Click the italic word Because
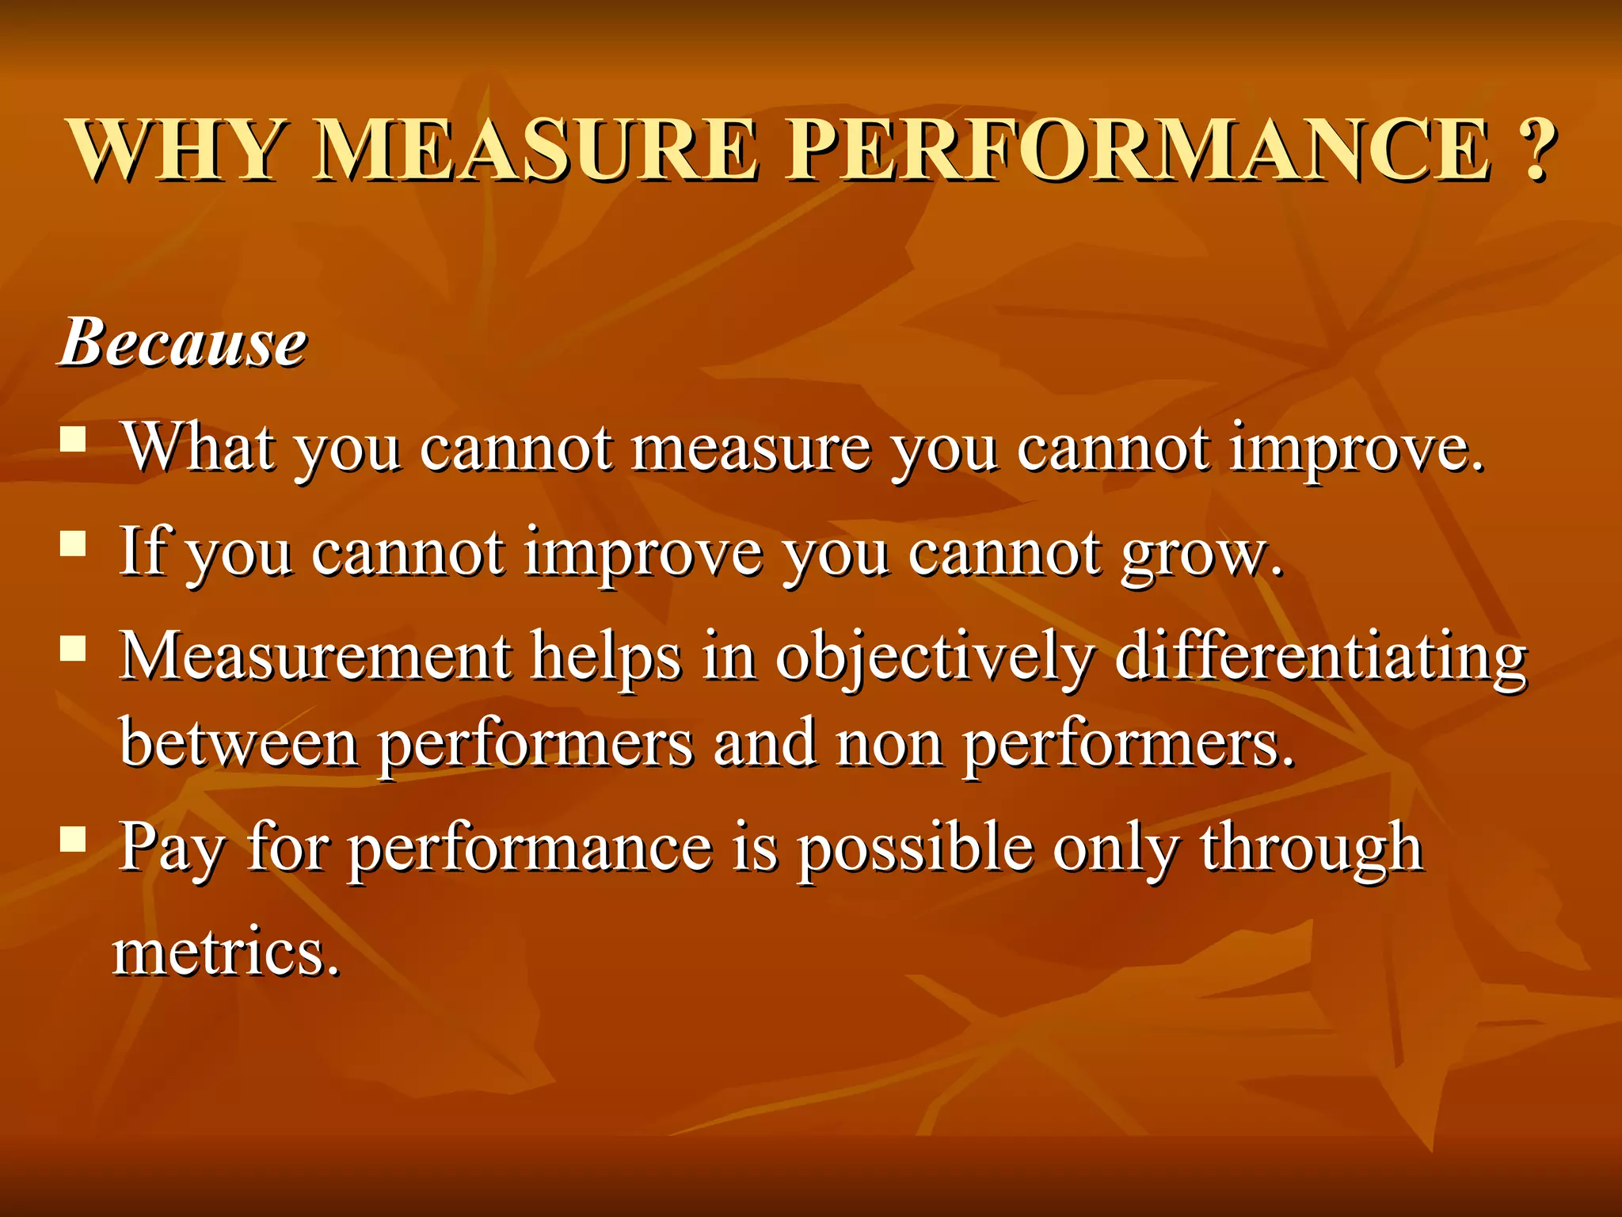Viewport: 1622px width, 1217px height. point(184,343)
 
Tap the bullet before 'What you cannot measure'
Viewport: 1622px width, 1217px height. point(73,438)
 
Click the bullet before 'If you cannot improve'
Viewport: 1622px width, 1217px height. point(73,544)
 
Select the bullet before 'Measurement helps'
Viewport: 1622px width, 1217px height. point(73,649)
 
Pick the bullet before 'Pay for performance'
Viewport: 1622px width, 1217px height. point(73,838)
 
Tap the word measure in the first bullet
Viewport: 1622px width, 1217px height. point(751,449)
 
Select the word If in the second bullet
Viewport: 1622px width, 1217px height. point(143,551)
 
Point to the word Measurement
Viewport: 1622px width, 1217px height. point(315,657)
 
